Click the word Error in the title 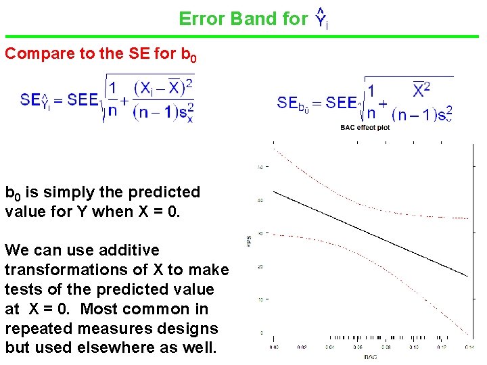tap(202, 19)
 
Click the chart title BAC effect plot tap(366, 128)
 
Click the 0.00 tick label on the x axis tap(273, 347)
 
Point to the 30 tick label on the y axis tap(260, 234)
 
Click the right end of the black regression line tap(467, 276)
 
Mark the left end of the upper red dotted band tap(273, 149)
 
